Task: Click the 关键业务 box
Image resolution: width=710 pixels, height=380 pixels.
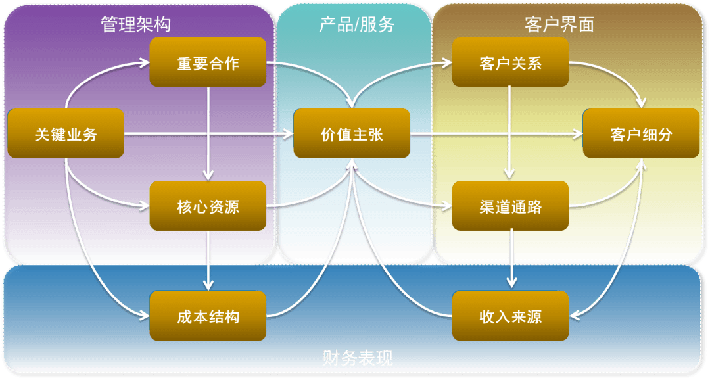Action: [66, 133]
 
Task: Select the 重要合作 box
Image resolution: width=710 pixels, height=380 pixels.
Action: [208, 62]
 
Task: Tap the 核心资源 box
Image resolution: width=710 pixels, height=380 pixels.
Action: [208, 206]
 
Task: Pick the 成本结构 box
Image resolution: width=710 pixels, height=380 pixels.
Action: [208, 316]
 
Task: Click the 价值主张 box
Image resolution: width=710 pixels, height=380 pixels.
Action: [352, 133]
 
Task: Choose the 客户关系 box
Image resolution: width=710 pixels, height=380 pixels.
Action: [510, 62]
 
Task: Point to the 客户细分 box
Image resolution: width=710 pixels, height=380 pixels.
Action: [641, 133]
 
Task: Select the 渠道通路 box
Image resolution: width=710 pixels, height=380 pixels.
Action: [510, 206]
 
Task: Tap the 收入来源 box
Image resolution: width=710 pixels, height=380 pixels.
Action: [510, 316]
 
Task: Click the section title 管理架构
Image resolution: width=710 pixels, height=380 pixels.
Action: [136, 24]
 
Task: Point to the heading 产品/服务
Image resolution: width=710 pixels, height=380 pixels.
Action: [357, 24]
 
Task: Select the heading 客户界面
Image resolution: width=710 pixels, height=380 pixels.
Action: [559, 24]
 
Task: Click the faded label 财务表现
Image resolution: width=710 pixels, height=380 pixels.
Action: [358, 358]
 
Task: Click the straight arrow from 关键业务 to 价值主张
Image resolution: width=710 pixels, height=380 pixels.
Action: [209, 133]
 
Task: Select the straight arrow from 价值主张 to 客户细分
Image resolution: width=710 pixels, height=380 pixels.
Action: [496, 133]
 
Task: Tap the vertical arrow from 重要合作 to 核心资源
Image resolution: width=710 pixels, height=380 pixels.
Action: [208, 134]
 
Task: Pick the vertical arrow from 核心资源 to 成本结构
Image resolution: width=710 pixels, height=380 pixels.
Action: [208, 261]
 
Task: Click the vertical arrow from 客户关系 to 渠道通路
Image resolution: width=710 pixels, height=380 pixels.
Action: [509, 133]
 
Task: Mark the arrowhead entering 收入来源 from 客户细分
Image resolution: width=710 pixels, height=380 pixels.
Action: [574, 315]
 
